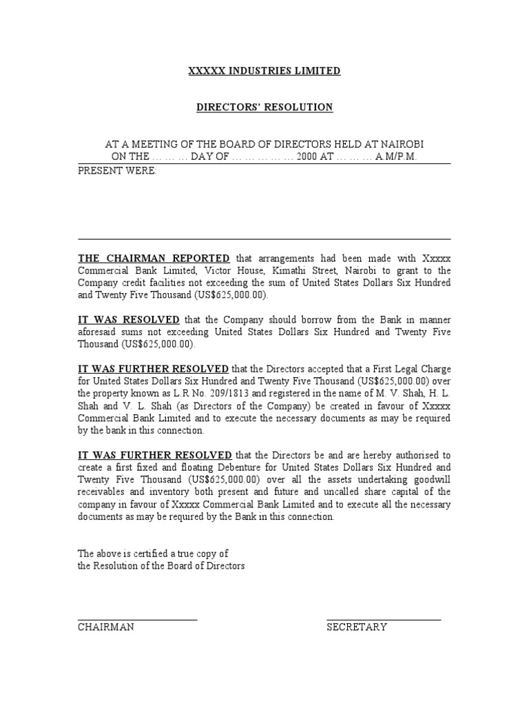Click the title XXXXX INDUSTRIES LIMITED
(x=264, y=71)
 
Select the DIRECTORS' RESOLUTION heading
(x=264, y=107)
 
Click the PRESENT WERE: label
(x=117, y=170)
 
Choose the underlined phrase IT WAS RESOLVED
(x=128, y=320)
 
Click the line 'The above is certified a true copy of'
(x=152, y=554)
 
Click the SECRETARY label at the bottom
(x=356, y=627)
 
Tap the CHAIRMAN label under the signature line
(x=105, y=627)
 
